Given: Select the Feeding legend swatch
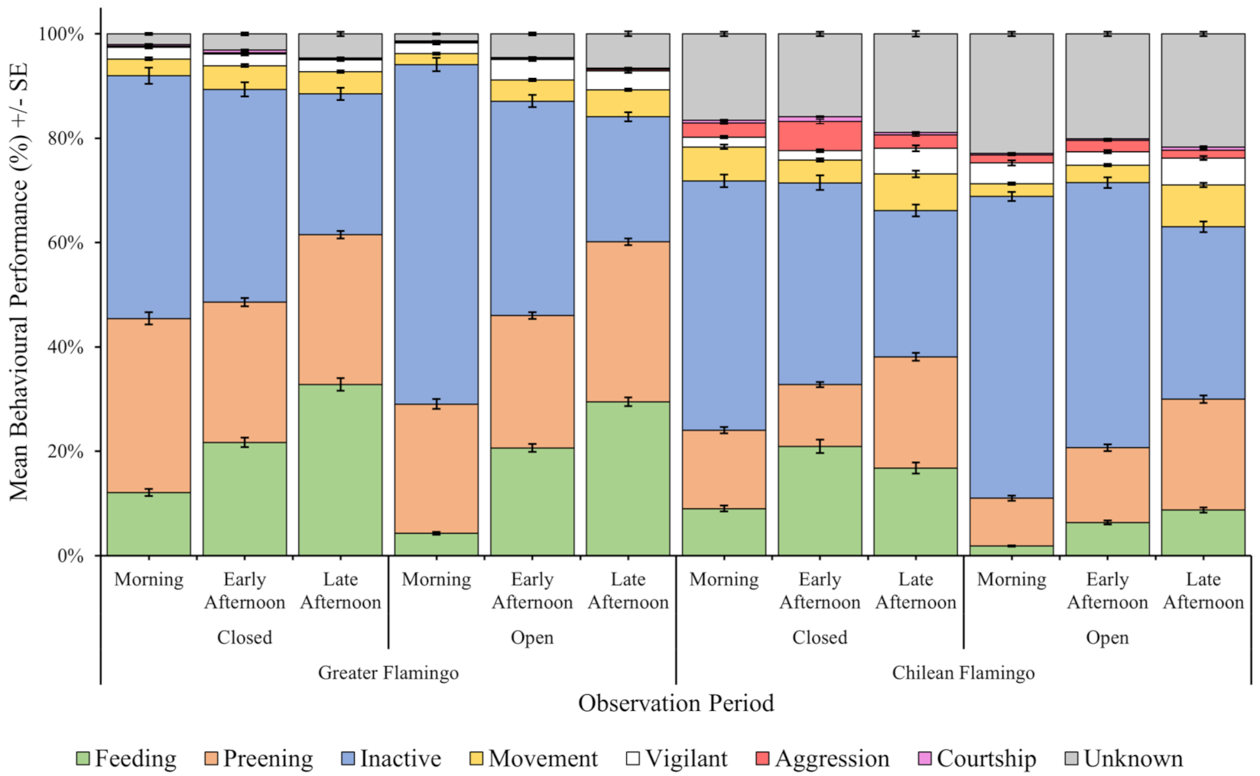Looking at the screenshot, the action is (83, 758).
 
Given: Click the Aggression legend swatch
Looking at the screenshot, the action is (762, 758).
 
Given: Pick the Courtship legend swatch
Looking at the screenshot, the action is (924, 758).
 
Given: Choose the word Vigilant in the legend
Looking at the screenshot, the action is (687, 758).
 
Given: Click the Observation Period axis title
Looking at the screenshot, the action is (676, 703).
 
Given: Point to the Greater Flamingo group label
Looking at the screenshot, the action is (388, 673).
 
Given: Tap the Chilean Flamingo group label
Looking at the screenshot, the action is (963, 673).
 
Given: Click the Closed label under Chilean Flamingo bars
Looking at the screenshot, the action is (820, 637).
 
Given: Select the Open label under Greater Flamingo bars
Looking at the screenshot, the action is (532, 638).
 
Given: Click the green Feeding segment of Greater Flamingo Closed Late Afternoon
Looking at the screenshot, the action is (340, 470).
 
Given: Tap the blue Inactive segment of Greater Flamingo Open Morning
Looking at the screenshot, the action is (437, 234).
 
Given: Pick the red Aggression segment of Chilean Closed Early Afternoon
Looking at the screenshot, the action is (820, 136).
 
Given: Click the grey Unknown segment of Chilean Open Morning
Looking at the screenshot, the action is (1012, 93).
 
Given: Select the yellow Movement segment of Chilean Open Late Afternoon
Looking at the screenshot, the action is (1203, 206).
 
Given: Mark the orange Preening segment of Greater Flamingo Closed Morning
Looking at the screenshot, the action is (148, 405).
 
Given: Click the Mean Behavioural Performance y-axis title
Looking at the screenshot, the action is (18, 281).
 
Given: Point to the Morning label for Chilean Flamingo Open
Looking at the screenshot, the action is (1012, 580).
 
